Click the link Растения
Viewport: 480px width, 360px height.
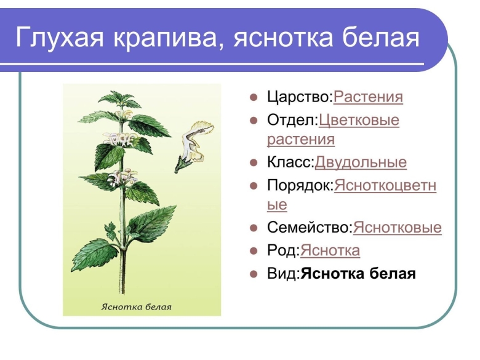(x=368, y=97)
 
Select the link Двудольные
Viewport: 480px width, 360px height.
(x=361, y=163)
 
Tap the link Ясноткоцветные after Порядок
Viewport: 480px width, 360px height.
(x=385, y=186)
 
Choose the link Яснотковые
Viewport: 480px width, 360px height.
(x=398, y=228)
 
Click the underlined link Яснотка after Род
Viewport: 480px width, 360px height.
(x=330, y=251)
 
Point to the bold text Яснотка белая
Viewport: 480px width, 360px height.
(x=358, y=273)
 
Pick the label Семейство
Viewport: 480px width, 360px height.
(x=309, y=228)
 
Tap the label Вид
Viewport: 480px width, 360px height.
(x=282, y=273)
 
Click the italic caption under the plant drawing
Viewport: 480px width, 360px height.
(x=136, y=306)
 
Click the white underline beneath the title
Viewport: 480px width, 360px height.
(x=215, y=64)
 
